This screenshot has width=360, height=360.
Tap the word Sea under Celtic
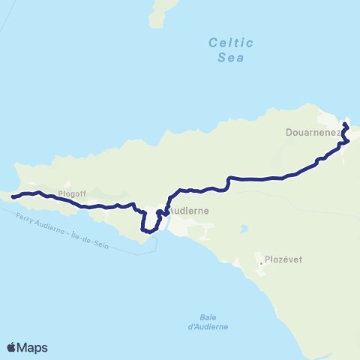click(231, 56)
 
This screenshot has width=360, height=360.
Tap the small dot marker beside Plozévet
click(260, 263)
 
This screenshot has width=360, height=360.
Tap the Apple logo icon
click(12, 347)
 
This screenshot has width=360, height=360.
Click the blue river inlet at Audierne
click(166, 223)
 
